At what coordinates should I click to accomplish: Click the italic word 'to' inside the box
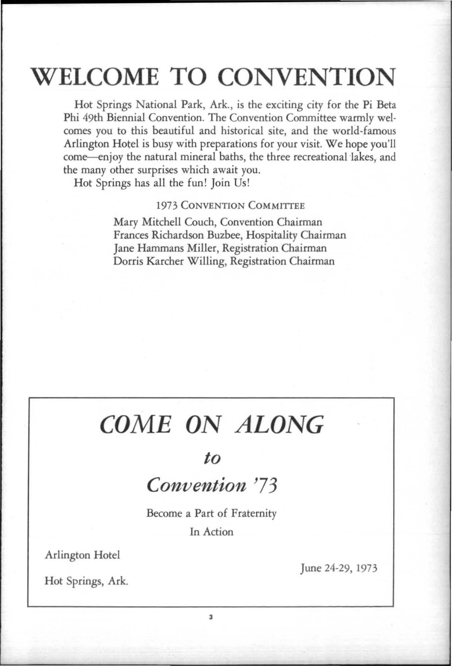click(x=212, y=459)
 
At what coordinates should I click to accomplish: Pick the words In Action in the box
click(x=212, y=532)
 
